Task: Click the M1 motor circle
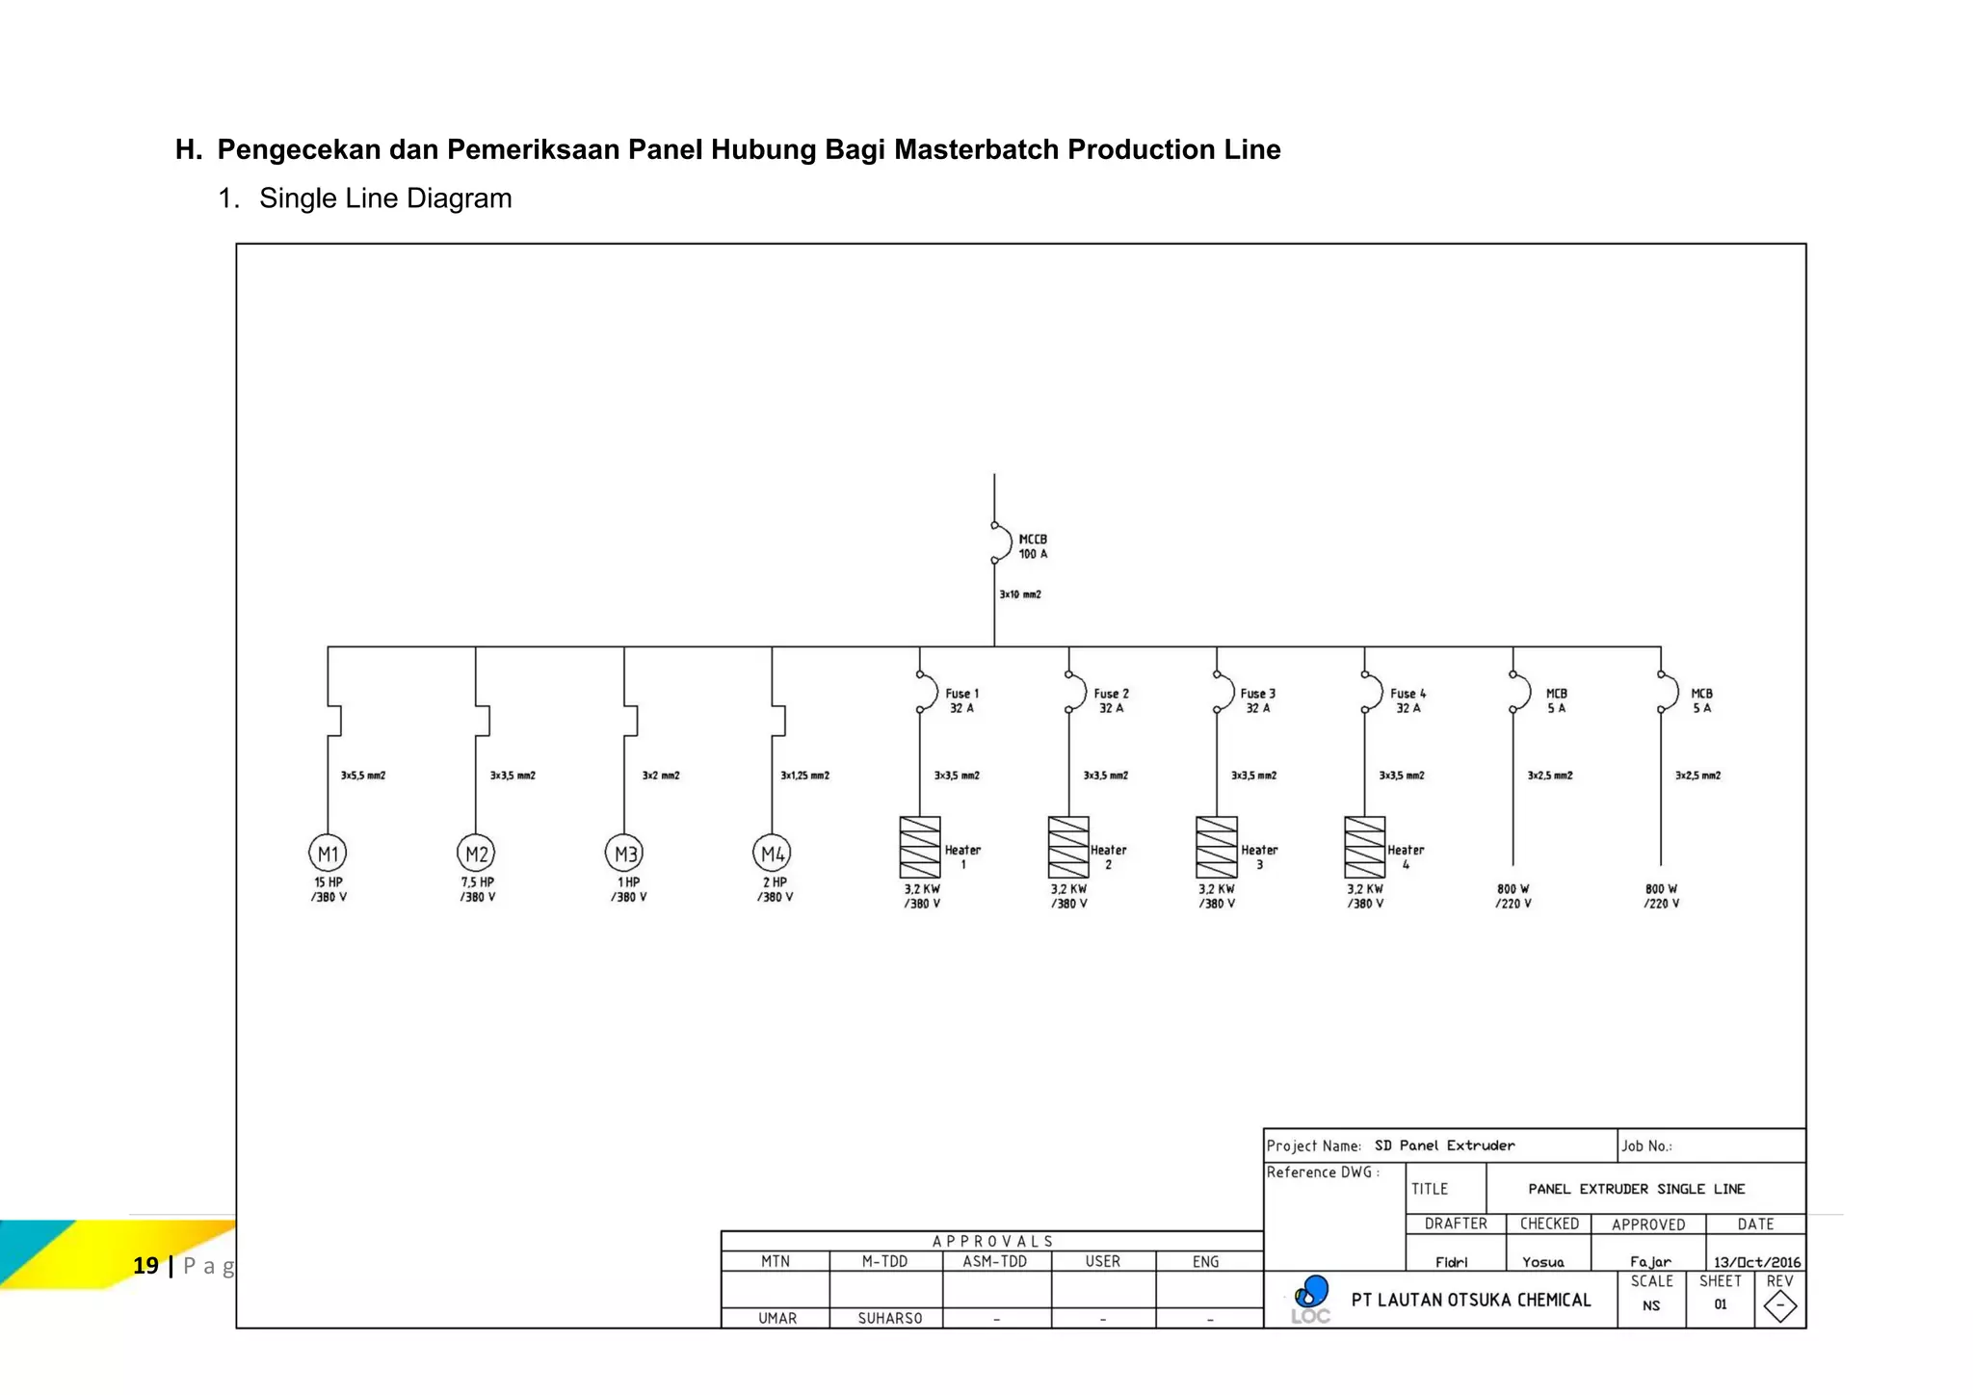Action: (x=328, y=854)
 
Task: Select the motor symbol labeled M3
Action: (x=624, y=854)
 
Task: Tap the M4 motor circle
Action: (x=772, y=854)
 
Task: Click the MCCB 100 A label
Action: (x=1033, y=546)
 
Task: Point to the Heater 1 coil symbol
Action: (x=920, y=847)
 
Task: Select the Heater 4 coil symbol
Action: (x=1364, y=847)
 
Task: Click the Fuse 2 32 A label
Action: (x=1111, y=700)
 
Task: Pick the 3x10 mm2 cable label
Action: (x=1020, y=594)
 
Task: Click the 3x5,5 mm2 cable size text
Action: (x=363, y=776)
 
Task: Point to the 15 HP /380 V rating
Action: (x=329, y=889)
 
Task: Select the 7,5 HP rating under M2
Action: (x=478, y=882)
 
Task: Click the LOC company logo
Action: (x=1311, y=1299)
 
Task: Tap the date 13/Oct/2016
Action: (x=1756, y=1262)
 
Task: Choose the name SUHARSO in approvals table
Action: (x=889, y=1318)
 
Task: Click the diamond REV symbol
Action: (x=1779, y=1306)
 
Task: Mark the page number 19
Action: (x=145, y=1265)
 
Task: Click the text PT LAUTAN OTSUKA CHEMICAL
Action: (x=1471, y=1300)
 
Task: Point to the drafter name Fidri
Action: (x=1451, y=1262)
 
